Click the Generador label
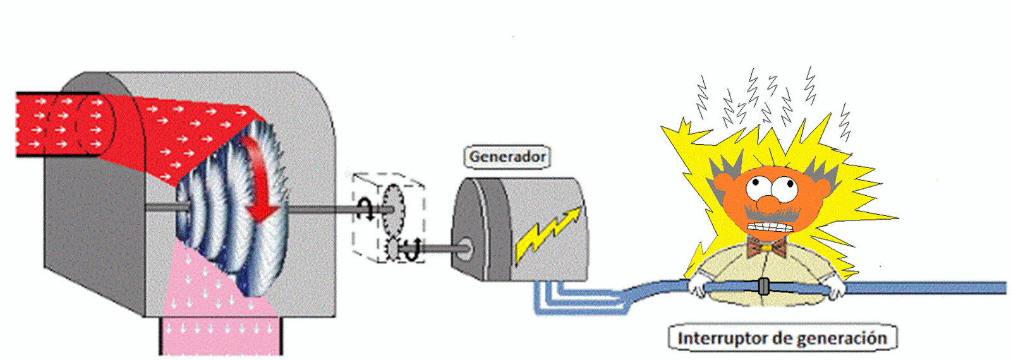coord(507,157)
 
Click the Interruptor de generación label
coord(782,339)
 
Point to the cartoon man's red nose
coord(768,204)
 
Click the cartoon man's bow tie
coord(766,247)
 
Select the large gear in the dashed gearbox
coord(393,208)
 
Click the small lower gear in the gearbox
coord(392,249)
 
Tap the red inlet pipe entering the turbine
coord(57,124)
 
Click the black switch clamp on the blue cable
coord(763,286)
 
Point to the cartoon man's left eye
coord(755,187)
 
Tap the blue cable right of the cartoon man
coord(923,289)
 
